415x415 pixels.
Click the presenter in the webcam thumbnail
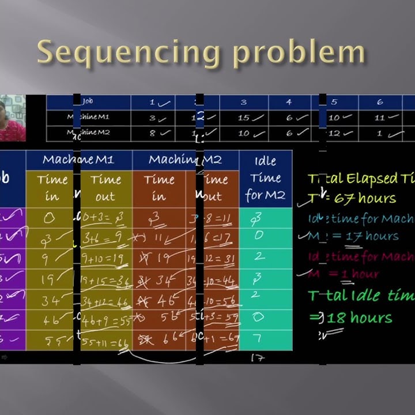12,118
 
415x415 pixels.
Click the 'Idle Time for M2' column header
265,178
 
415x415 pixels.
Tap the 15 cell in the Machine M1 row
244,118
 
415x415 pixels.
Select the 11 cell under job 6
380,118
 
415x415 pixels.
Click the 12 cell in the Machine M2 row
335,133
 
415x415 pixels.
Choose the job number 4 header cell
289,102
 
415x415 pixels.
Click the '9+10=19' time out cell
105,259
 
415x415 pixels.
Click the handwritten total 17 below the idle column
257,359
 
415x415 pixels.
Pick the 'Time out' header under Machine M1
105,188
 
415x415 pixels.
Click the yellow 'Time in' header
52,188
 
